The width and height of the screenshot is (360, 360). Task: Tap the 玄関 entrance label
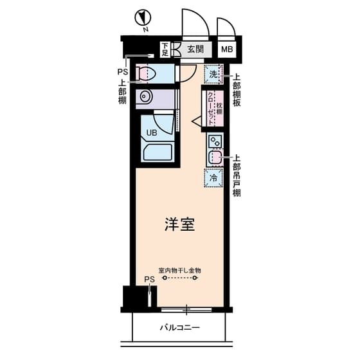coord(195,49)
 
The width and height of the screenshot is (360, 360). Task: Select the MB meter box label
coord(227,49)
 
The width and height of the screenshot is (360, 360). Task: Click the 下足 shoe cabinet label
coord(165,49)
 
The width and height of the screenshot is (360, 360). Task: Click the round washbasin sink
coord(145,98)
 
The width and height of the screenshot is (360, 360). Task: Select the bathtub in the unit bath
coord(157,154)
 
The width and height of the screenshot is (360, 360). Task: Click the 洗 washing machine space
coord(213,75)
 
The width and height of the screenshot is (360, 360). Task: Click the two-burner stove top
coord(214,140)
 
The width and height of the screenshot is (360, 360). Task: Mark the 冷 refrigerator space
coord(213,177)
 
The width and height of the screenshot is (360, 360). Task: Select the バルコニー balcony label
coord(179,328)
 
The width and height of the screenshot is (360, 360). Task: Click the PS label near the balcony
coord(149,279)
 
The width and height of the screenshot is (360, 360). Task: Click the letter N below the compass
coord(146,29)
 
